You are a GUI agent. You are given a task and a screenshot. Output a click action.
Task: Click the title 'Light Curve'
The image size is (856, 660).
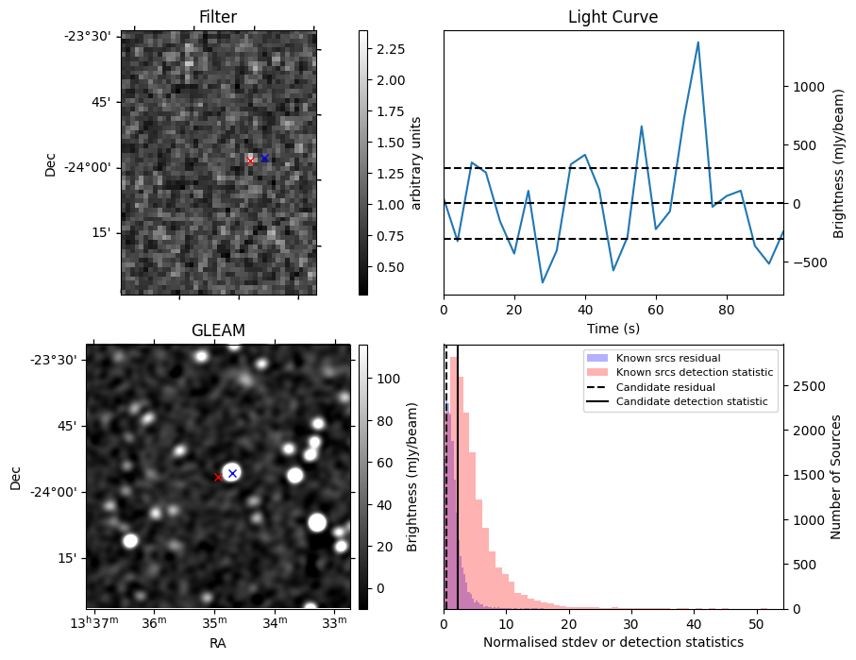(613, 17)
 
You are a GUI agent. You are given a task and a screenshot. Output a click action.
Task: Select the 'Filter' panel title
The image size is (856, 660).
(218, 17)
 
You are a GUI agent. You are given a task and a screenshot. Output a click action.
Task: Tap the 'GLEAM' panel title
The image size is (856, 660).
(218, 330)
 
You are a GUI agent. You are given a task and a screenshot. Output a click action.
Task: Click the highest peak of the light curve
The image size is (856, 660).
(697, 42)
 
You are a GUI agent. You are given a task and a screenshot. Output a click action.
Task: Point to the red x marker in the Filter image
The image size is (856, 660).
(250, 161)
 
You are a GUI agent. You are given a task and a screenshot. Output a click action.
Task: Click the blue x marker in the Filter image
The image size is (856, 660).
(264, 158)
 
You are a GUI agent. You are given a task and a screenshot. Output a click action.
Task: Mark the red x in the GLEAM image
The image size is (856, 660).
(218, 478)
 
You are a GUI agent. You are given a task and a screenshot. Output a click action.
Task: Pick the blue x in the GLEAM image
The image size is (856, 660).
(232, 473)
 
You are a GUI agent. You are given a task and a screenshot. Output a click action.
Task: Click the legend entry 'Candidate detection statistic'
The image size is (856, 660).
(691, 402)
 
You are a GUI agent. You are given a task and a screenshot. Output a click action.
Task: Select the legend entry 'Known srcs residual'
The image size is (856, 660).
(667, 358)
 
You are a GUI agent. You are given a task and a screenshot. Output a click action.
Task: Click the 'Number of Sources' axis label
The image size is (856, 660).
(836, 476)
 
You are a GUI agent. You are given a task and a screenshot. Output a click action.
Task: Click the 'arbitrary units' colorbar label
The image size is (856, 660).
(416, 161)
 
